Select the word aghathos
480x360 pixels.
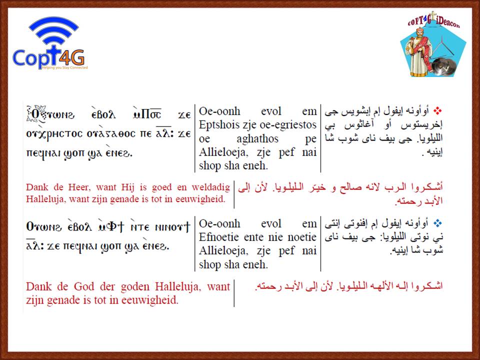point(257,138)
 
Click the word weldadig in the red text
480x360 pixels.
point(210,187)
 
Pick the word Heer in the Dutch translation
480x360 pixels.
point(79,187)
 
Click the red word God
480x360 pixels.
point(83,286)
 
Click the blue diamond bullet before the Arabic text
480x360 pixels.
point(438,223)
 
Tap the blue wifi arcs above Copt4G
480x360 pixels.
point(53,30)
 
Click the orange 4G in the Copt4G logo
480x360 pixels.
point(71,57)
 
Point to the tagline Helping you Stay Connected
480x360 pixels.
point(64,67)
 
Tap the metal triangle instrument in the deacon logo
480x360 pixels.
point(442,46)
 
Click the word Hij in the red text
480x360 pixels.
point(127,187)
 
